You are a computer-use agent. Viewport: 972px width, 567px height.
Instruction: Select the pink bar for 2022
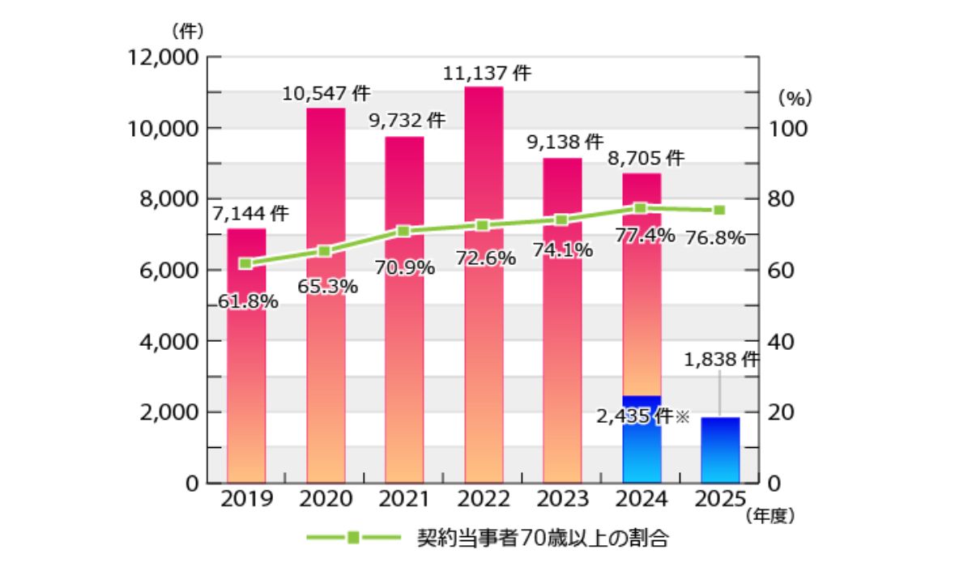pyautogui.click(x=484, y=324)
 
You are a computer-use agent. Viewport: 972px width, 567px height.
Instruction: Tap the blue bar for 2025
pyautogui.click(x=720, y=450)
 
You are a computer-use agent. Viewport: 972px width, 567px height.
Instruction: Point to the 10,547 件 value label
pyautogui.click(x=326, y=94)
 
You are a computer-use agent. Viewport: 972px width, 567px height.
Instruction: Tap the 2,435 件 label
pyautogui.click(x=634, y=416)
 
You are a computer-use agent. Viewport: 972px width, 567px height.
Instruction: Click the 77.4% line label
pyautogui.click(x=645, y=236)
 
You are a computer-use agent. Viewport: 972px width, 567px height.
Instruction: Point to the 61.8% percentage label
pyautogui.click(x=248, y=302)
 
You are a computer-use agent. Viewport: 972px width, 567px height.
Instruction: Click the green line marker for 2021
pyautogui.click(x=404, y=232)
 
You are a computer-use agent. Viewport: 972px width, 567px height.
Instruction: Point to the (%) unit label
pyautogui.click(x=795, y=97)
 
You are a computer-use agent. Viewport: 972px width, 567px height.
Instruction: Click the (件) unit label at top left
pyautogui.click(x=187, y=32)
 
